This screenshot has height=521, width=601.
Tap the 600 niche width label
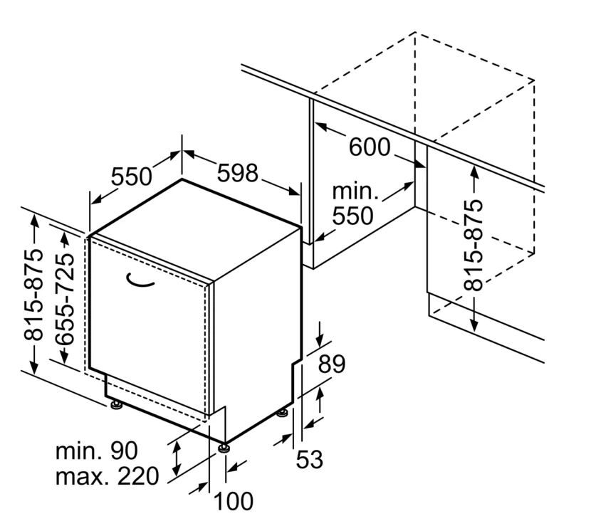pos(370,148)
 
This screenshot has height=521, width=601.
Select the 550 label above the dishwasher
pos(132,177)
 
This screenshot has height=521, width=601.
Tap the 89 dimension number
pos(330,364)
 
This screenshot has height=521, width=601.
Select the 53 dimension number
pos(309,460)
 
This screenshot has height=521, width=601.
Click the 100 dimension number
pos(233,502)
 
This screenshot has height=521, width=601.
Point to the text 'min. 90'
pos(98,451)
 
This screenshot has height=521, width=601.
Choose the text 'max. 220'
pos(107,476)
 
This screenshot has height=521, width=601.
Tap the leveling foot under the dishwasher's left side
pos(116,406)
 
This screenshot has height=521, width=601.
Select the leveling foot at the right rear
pos(283,412)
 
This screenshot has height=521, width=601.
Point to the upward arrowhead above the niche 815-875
pos(474,171)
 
